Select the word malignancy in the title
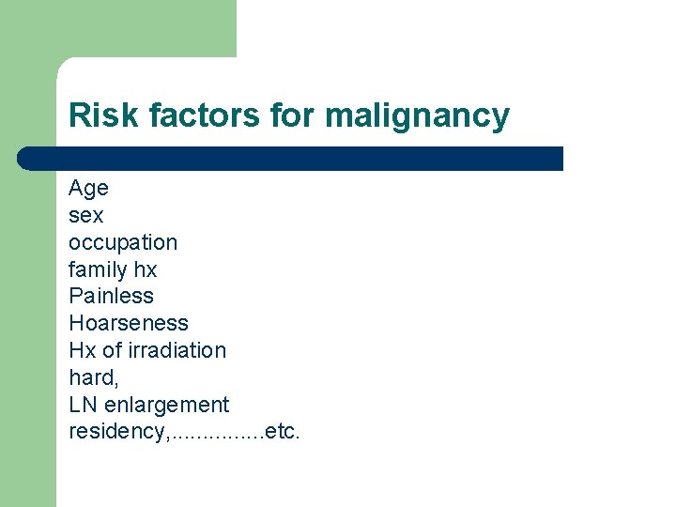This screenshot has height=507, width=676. [417, 115]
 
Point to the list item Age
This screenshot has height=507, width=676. [88, 189]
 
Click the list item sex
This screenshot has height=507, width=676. [85, 216]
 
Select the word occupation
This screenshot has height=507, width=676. [122, 243]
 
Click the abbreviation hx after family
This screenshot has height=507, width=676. [146, 270]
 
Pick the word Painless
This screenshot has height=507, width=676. [111, 297]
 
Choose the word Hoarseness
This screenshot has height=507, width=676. [129, 324]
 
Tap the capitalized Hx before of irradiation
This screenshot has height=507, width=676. [81, 351]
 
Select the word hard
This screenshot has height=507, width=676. [90, 377]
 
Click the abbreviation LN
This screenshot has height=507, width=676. [82, 405]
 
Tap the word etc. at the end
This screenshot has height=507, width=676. [283, 432]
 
